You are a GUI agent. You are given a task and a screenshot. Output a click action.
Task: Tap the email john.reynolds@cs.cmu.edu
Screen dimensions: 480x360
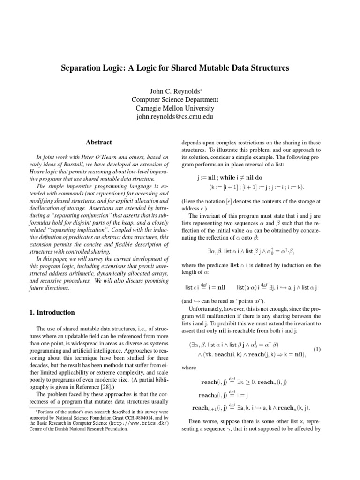click(175, 117)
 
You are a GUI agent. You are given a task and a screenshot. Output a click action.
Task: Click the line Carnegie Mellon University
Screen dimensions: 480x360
click(175, 108)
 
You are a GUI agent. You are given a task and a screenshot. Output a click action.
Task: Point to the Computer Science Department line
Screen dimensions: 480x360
click(175, 99)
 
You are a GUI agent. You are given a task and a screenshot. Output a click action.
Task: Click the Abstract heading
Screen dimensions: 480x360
click(98, 142)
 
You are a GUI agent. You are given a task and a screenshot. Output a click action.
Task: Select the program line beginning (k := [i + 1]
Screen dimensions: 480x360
click(256, 187)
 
